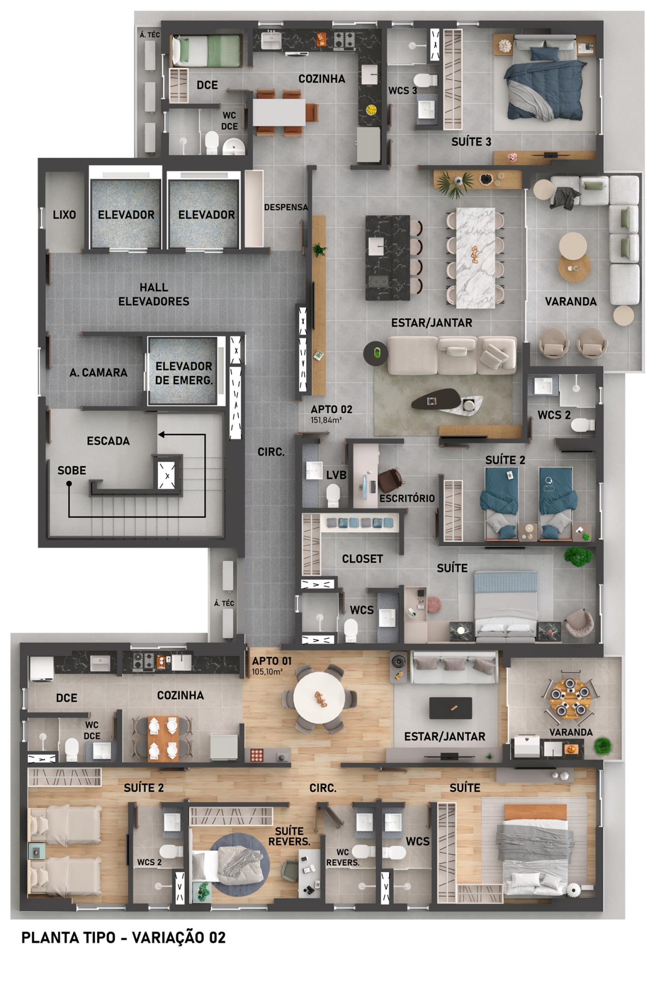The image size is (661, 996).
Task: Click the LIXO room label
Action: click(x=64, y=214)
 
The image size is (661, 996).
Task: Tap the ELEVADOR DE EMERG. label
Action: click(x=184, y=373)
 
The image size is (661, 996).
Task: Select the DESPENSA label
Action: click(x=286, y=207)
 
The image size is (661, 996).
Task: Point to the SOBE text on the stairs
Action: click(x=71, y=470)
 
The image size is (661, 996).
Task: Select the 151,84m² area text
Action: click(x=326, y=420)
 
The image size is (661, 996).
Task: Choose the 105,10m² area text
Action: click(x=267, y=672)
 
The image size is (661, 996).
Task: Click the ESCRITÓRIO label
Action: click(x=407, y=498)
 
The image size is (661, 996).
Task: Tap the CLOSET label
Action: click(x=363, y=559)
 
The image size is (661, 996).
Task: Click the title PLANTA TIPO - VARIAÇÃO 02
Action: click(x=124, y=937)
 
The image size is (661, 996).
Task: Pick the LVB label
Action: click(x=336, y=475)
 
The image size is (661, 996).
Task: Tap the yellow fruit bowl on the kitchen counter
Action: click(x=371, y=110)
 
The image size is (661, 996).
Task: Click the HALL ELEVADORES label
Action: click(x=154, y=294)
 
